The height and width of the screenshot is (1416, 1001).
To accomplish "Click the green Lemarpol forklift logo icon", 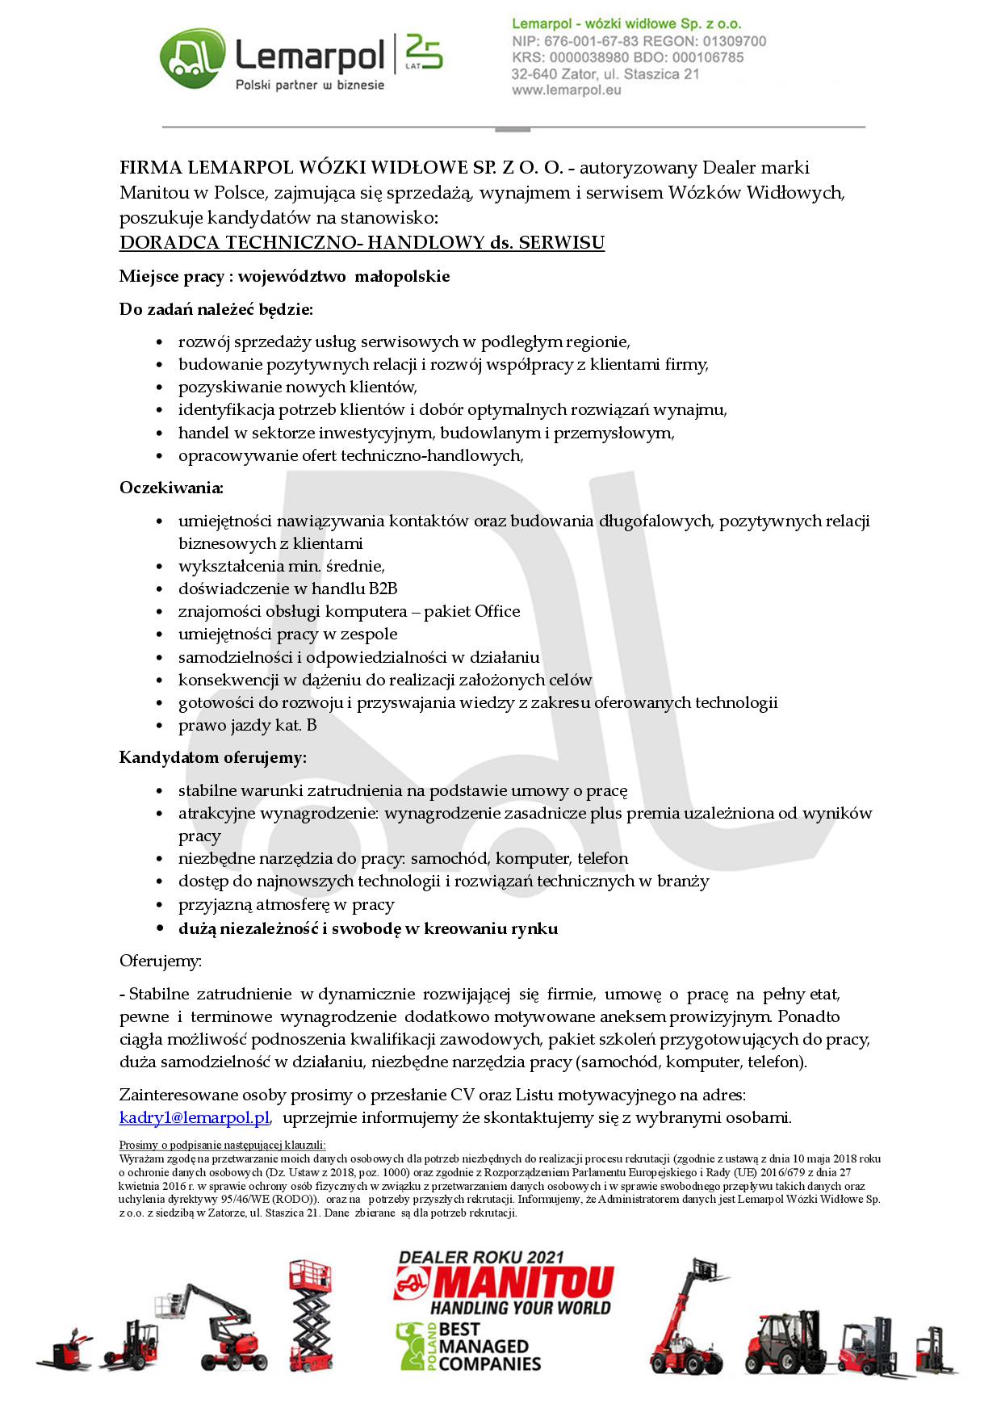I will tap(192, 58).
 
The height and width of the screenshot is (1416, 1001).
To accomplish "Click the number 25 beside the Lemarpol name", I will tap(423, 50).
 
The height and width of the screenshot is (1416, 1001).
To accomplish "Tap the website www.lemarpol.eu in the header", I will tap(566, 90).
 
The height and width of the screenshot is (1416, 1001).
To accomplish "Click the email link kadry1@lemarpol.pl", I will tap(194, 1117).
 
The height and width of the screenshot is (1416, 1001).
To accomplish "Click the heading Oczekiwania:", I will tap(171, 488).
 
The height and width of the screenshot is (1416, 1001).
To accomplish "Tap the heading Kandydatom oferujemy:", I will tap(213, 757).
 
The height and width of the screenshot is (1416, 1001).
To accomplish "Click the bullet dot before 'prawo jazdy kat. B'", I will tap(160, 726).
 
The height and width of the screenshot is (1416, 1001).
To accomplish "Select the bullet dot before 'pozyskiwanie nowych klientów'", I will tap(160, 388).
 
